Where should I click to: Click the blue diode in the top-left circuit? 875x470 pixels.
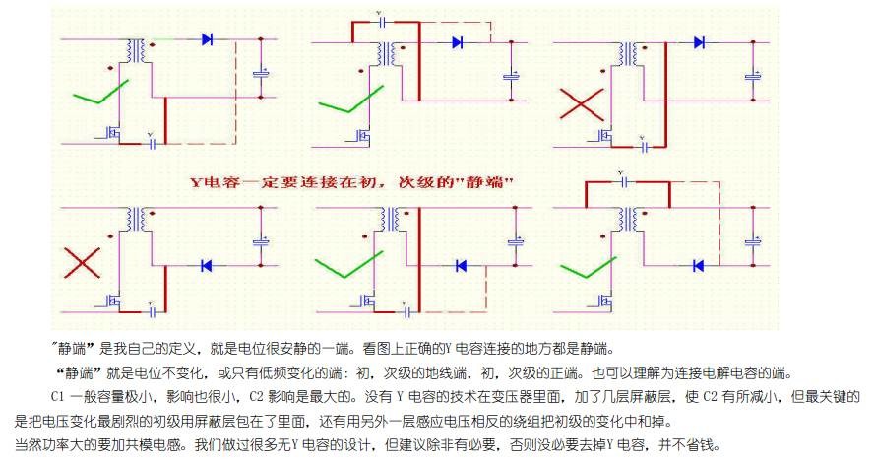[x=208, y=39]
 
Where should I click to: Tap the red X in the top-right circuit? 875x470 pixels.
[x=582, y=105]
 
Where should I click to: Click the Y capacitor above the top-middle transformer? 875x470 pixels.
[x=380, y=19]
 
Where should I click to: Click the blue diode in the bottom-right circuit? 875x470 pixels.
[x=698, y=265]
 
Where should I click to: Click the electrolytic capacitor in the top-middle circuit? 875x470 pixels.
[x=511, y=75]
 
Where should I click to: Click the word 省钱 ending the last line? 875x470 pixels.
[x=708, y=446]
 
